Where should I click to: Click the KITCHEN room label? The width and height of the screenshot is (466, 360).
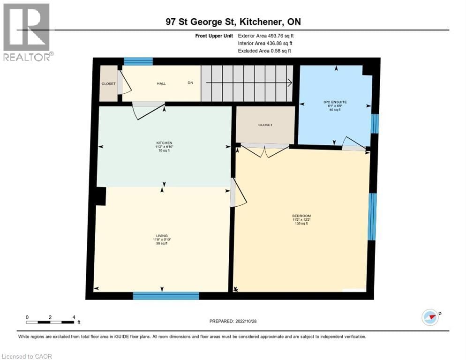click(x=164, y=142)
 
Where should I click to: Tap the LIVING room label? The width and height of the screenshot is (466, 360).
click(x=162, y=235)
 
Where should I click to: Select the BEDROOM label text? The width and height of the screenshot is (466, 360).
click(x=301, y=216)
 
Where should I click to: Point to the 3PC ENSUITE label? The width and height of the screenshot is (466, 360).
click(x=334, y=102)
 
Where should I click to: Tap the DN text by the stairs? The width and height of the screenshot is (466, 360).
click(x=190, y=83)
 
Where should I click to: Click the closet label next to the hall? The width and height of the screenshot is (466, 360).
click(x=108, y=83)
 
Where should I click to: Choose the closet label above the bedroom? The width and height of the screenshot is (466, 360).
click(x=265, y=125)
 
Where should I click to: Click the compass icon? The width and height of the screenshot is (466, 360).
click(x=430, y=317)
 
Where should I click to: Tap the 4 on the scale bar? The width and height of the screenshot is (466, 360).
click(x=74, y=317)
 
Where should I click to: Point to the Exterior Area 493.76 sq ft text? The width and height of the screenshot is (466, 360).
click(x=266, y=35)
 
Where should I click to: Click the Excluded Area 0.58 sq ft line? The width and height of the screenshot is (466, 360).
click(x=266, y=51)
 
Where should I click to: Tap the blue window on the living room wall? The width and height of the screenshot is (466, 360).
click(x=165, y=295)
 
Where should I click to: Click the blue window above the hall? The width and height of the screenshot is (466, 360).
click(x=138, y=61)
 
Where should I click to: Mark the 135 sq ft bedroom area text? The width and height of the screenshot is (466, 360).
click(x=301, y=224)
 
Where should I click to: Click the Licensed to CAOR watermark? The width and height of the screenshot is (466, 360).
click(x=27, y=356)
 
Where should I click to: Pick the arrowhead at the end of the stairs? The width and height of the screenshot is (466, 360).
click(x=290, y=83)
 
